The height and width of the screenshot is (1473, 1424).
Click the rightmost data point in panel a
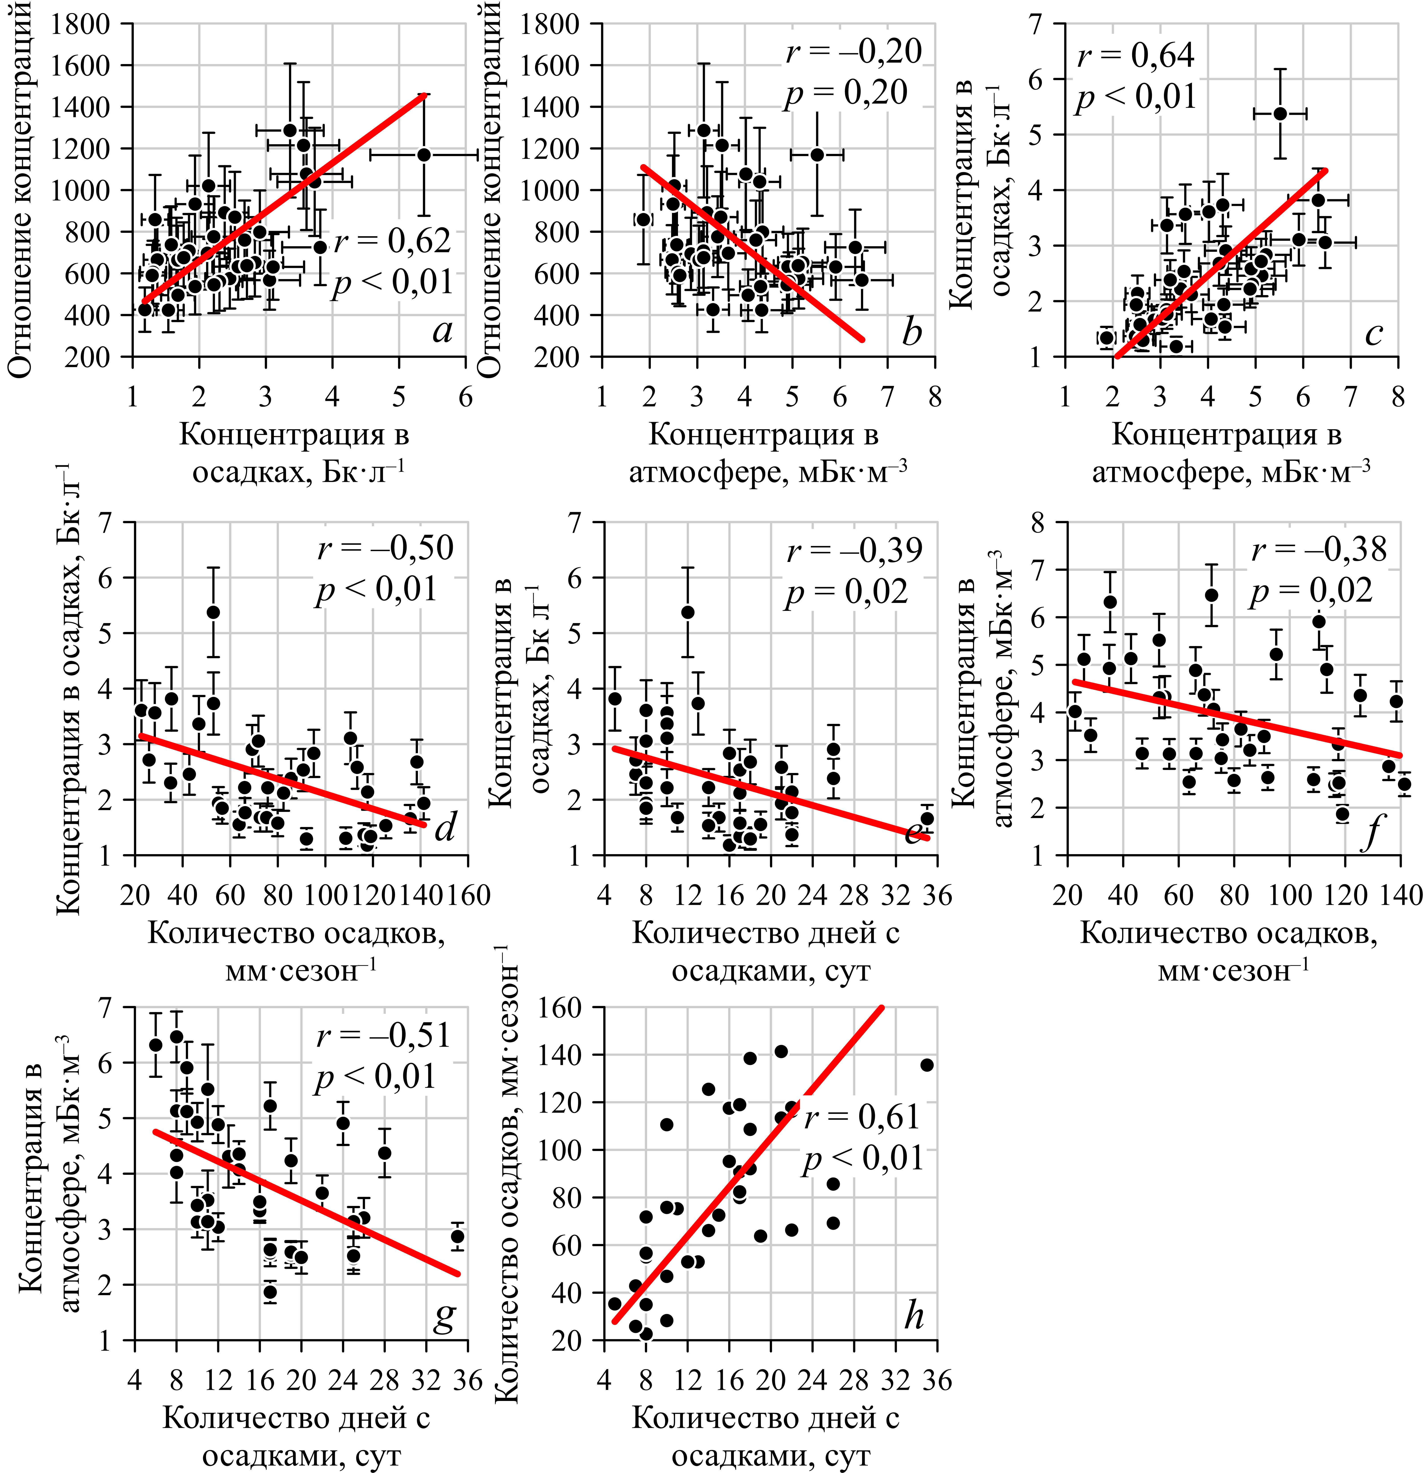click(x=424, y=155)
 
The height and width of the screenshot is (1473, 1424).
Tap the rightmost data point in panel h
click(x=927, y=1065)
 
